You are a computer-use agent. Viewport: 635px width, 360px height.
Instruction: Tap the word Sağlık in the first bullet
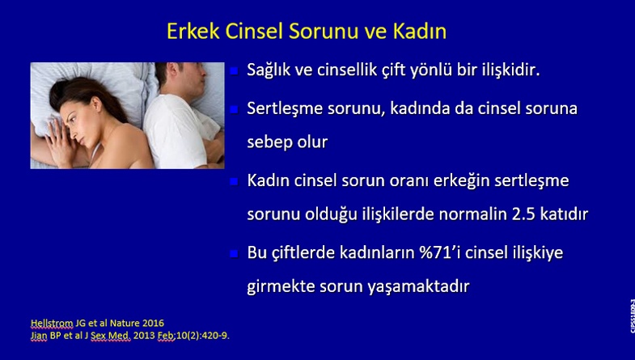pos(269,70)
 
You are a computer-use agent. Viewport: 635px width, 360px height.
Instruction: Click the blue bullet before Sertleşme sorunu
pos(234,109)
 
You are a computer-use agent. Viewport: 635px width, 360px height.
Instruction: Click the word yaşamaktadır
pos(418,287)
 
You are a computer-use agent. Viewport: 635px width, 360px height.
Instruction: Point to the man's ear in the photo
pos(173,70)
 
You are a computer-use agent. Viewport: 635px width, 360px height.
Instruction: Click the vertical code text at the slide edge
pos(632,316)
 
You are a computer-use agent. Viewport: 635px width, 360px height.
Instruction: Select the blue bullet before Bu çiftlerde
pos(234,253)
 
